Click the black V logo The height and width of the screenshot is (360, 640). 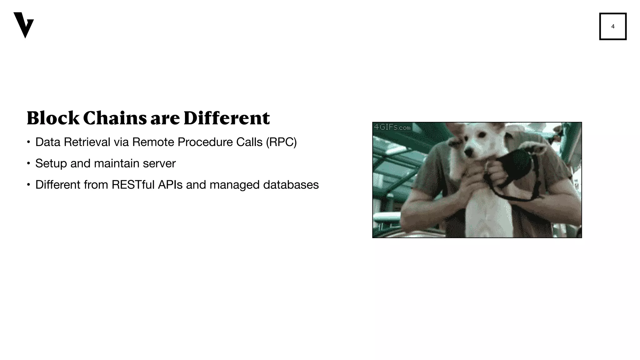coord(23,25)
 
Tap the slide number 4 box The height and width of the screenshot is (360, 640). coord(612,26)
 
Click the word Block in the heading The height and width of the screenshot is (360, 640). coord(53,118)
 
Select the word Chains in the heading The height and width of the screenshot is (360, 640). coord(115,118)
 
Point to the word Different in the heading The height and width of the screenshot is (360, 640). coord(227,118)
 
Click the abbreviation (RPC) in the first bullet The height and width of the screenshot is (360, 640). coord(281,142)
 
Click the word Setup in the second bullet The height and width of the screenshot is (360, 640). coord(51,163)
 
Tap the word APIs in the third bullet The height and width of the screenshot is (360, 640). coord(170,185)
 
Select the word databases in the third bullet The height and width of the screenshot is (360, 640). coord(291,185)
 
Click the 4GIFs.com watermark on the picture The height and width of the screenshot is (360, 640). coord(392,127)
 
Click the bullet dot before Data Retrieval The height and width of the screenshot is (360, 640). coord(28,142)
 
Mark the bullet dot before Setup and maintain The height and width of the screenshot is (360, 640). coord(28,163)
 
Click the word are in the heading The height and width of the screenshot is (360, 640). coord(165,119)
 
